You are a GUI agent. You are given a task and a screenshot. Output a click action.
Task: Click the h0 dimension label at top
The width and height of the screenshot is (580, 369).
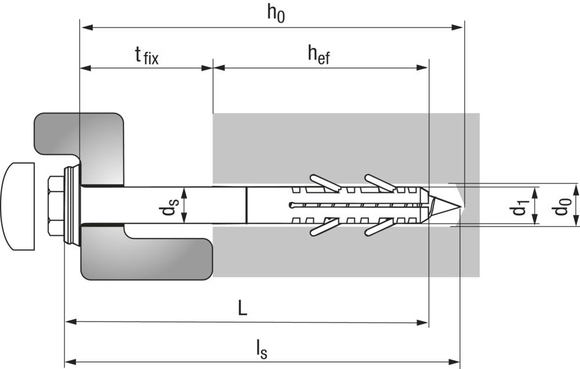pos(276,14)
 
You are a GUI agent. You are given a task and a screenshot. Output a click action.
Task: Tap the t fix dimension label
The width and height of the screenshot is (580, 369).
pos(147,56)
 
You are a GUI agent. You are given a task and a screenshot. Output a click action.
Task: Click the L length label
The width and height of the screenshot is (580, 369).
pos(242,308)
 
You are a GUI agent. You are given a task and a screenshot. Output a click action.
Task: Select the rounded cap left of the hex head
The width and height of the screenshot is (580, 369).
pos(18,206)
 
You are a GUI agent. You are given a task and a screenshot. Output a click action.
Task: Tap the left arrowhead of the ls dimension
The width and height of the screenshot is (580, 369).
pos(71,362)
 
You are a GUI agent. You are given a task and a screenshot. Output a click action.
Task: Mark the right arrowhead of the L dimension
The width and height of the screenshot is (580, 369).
pos(422,322)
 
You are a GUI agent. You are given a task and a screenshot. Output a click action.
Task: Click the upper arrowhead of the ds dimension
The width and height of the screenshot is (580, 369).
pos(184,193)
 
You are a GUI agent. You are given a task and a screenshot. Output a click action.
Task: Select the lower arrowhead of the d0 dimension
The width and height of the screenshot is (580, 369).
pos(576,220)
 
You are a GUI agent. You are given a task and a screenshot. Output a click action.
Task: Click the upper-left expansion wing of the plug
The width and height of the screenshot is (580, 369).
pos(325,182)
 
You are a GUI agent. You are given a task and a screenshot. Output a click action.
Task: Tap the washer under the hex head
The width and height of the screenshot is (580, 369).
pos(72,205)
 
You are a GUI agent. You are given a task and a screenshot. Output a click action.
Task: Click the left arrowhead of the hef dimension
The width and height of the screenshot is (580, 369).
pos(219,68)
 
